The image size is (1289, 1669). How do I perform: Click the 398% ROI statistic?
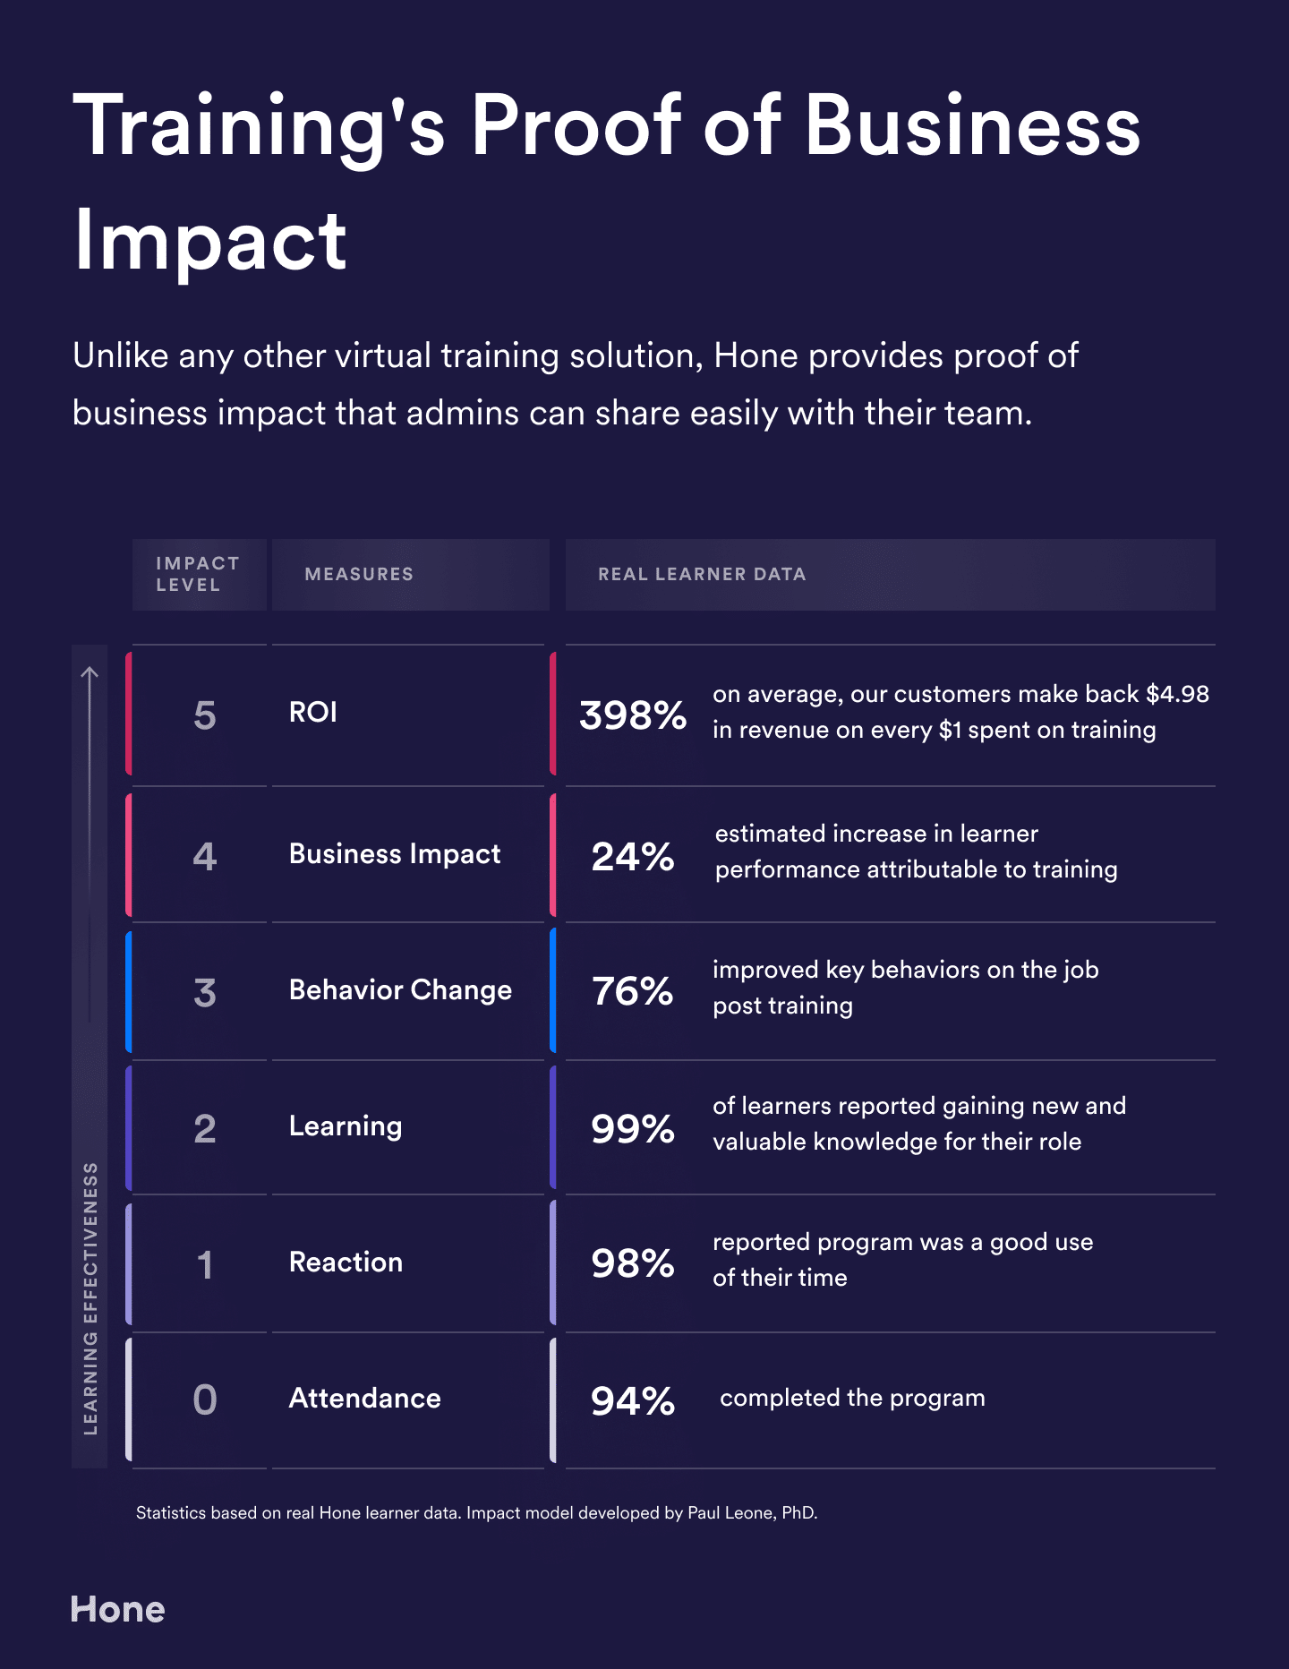pyautogui.click(x=632, y=715)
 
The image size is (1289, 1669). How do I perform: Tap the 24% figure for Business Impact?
pyautogui.click(x=632, y=857)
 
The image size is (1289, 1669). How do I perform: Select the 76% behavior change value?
pyautogui.click(x=632, y=991)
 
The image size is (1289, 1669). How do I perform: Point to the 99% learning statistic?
pyautogui.click(x=632, y=1128)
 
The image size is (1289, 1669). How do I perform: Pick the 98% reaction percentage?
pyautogui.click(x=632, y=1263)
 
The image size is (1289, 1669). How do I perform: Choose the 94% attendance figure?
pyautogui.click(x=632, y=1400)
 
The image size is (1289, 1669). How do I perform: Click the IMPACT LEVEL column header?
pyautogui.click(x=197, y=574)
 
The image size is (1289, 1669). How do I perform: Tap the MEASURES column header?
pyautogui.click(x=359, y=574)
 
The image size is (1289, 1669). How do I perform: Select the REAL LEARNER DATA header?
pyautogui.click(x=702, y=574)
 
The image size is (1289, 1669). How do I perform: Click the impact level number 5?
pyautogui.click(x=205, y=715)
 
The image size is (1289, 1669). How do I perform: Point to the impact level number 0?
pyautogui.click(x=205, y=1399)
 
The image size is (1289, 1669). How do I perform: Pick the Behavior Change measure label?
pyautogui.click(x=400, y=990)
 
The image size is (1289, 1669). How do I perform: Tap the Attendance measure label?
pyautogui.click(x=364, y=1399)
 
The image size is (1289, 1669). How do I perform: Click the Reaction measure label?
pyautogui.click(x=346, y=1262)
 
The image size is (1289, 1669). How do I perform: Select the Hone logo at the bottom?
pyautogui.click(x=117, y=1610)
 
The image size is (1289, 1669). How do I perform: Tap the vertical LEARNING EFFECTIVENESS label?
pyautogui.click(x=90, y=1298)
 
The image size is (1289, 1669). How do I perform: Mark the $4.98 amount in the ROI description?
pyautogui.click(x=1177, y=694)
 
